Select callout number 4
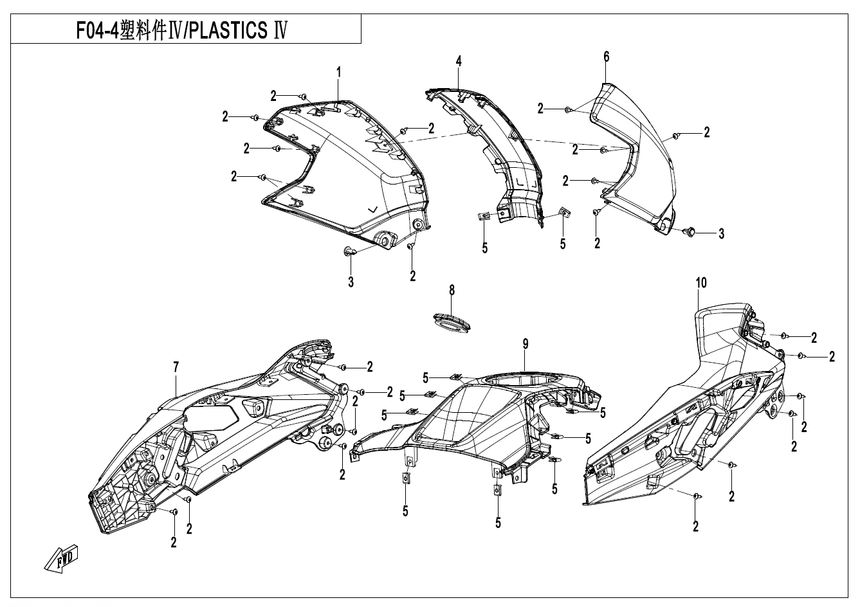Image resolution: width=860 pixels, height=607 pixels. [459, 61]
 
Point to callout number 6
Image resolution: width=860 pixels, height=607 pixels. [606, 57]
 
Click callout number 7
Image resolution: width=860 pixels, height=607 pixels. [176, 367]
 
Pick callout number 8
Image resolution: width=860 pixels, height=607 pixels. [452, 291]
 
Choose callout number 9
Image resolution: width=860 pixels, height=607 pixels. [525, 345]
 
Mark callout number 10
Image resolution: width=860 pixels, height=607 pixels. [700, 282]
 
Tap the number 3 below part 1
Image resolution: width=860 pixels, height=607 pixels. [351, 282]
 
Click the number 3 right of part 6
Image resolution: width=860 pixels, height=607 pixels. [721, 234]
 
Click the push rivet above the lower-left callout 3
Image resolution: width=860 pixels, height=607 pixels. [349, 251]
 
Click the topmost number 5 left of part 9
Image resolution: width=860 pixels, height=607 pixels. [426, 377]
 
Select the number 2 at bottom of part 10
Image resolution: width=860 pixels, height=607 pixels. [696, 526]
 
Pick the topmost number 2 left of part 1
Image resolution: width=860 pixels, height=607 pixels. [274, 96]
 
